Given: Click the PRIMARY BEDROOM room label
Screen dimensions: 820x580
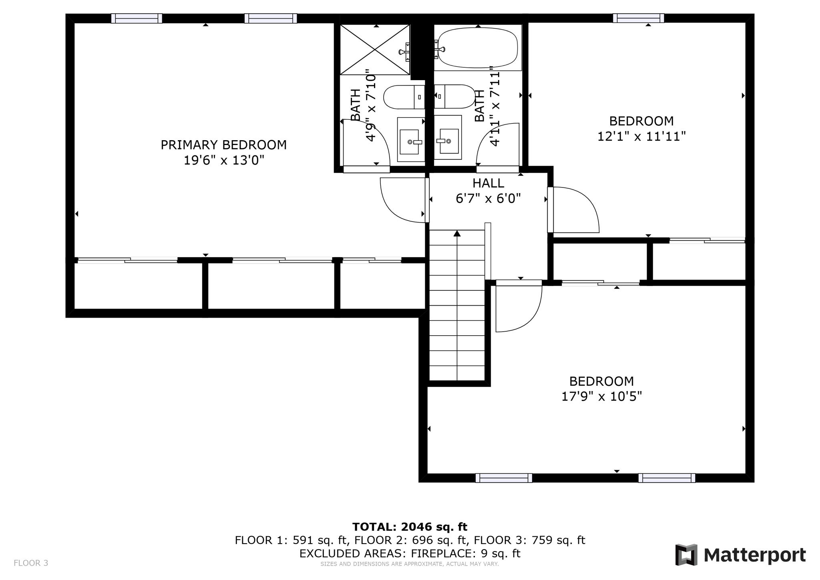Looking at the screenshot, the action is (x=223, y=145).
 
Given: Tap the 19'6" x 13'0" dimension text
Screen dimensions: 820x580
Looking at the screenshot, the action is (x=224, y=161).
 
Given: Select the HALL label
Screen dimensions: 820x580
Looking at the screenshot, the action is (x=488, y=183).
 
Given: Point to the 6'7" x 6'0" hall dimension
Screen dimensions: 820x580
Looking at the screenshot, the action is (x=488, y=199).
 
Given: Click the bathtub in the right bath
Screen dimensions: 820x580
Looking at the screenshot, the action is (x=478, y=48).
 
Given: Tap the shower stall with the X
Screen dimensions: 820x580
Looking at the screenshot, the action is (x=375, y=50).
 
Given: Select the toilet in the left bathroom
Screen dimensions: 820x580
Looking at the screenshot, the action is (x=404, y=97).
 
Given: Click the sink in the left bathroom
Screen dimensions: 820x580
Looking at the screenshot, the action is (x=411, y=139).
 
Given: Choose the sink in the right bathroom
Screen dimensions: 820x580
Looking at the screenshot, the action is (x=448, y=137).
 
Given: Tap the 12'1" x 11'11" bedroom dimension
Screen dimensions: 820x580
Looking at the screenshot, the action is (x=641, y=137).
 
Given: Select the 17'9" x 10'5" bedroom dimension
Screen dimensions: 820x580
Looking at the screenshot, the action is (x=601, y=397).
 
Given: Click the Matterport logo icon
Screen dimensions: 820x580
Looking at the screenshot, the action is (x=686, y=555).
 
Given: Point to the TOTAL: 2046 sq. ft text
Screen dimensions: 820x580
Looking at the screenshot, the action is (x=410, y=527).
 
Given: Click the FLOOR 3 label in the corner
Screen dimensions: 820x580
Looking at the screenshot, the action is (x=31, y=563).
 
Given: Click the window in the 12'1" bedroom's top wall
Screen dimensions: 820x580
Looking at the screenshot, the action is (x=638, y=18).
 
